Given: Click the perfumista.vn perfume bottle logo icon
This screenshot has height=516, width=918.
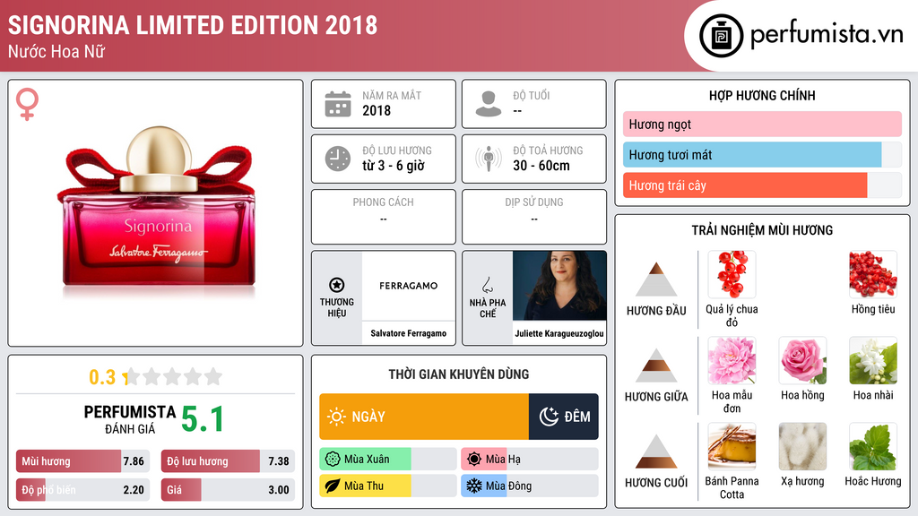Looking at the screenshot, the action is pos(721,36).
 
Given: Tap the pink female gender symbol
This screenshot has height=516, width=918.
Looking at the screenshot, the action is pos(27,104).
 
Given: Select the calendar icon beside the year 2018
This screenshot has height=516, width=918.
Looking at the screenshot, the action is pos(338,104).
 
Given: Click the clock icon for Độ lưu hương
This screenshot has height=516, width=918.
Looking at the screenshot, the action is pos(338,159).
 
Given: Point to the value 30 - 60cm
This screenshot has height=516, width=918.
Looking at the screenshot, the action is pos(541,166).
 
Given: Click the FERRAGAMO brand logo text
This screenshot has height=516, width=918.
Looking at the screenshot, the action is pos(408,286).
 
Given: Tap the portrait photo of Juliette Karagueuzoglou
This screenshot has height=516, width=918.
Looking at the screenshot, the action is pos(559,286).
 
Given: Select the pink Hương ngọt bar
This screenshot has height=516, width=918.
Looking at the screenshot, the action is pos(762,124).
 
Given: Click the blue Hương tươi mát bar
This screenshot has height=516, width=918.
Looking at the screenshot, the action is pos(752,154).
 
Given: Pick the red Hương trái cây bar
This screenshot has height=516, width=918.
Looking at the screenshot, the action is pos(745,185).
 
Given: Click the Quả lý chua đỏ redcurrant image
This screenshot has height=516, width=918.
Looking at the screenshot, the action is pos(732,274).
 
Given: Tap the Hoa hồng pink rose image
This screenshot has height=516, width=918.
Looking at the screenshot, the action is pos(802,360).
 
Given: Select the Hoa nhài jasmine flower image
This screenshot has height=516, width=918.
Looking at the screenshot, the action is pos(873,360).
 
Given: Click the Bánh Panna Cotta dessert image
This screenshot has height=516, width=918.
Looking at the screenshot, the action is pos(732,446).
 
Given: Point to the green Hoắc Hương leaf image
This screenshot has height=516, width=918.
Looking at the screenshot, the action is pos(873,446).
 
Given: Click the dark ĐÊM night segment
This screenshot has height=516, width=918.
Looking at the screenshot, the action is pos(563,417).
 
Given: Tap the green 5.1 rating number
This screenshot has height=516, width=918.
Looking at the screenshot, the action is pos(203,419).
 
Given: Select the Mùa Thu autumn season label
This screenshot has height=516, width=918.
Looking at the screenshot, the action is pos(364,486).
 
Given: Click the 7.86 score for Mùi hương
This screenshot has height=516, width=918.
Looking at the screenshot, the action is pos(134,461).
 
